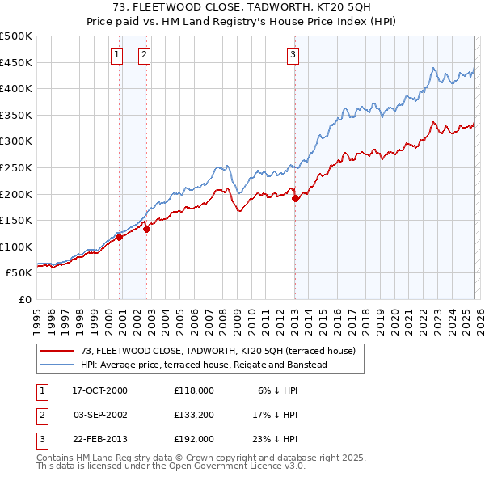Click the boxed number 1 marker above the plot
(117, 55)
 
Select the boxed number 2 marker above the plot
(144, 55)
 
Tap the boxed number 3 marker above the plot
(292, 55)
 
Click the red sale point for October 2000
(119, 237)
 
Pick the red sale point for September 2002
(146, 229)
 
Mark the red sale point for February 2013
(295, 198)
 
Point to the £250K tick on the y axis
(16, 167)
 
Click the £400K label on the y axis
(16, 88)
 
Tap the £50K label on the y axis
(19, 273)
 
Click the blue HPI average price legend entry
(203, 365)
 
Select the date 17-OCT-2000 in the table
(100, 390)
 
